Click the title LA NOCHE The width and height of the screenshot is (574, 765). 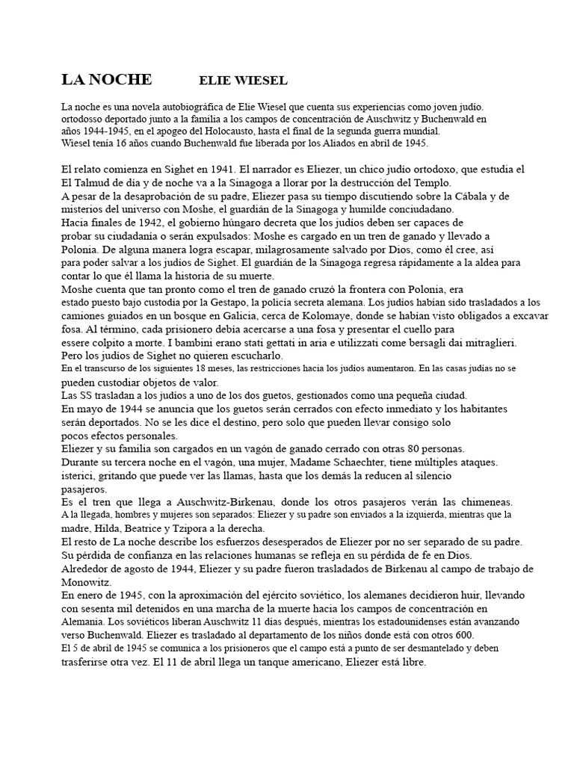(x=106, y=80)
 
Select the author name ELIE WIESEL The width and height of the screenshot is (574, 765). (x=244, y=81)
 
